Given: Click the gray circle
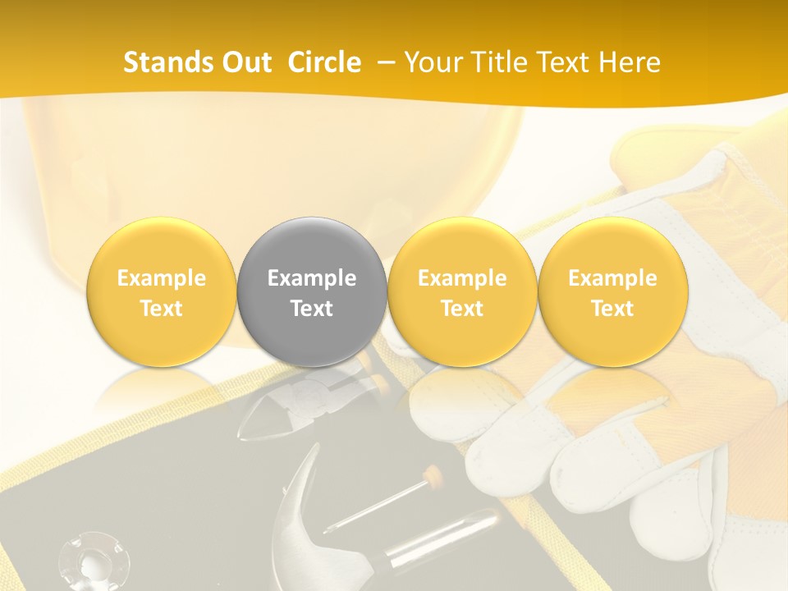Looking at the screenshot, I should pyautogui.click(x=312, y=292).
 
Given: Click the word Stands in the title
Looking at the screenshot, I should pyautogui.click(x=169, y=62).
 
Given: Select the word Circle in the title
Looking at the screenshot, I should pyautogui.click(x=324, y=62).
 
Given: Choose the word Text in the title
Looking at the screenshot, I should pyautogui.click(x=566, y=62).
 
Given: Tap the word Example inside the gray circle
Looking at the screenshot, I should pyautogui.click(x=312, y=278).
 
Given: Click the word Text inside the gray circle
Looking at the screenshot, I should pyautogui.click(x=312, y=309).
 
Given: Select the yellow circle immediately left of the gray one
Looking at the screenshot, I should pyautogui.click(x=162, y=292).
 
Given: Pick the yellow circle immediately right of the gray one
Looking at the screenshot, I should pyautogui.click(x=462, y=292).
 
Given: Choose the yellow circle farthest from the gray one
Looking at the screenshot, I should pyautogui.click(x=612, y=292).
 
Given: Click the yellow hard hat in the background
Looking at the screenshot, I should pyautogui.click(x=271, y=164).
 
